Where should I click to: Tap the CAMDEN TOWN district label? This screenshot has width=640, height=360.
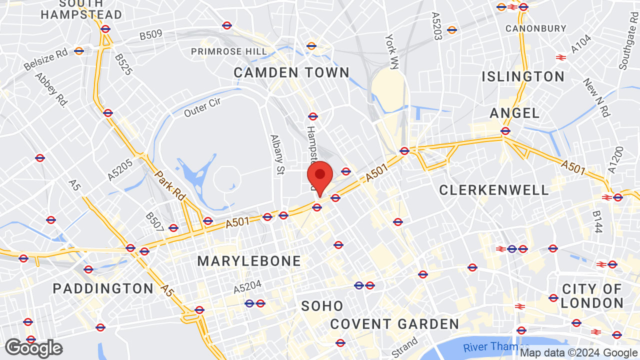(291, 72)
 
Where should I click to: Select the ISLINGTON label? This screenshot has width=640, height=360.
(523, 76)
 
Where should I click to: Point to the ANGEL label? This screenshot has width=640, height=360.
(514, 113)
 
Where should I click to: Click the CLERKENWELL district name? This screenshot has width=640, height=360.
(494, 190)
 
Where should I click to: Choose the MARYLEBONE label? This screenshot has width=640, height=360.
(249, 261)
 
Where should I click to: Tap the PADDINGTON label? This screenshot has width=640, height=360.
(103, 288)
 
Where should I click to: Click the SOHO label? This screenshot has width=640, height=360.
(322, 306)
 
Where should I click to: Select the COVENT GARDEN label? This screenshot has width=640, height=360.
(394, 324)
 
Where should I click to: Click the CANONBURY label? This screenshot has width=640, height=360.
(535, 28)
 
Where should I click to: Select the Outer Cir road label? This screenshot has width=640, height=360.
(202, 107)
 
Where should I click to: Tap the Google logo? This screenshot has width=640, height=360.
(33, 348)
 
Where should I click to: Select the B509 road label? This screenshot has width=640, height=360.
(150, 35)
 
